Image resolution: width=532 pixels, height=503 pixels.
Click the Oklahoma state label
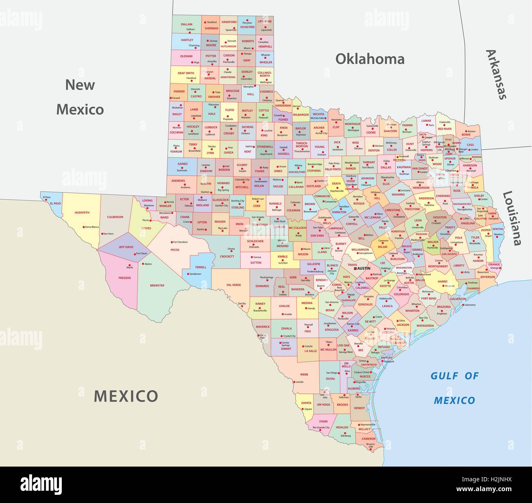[370, 59]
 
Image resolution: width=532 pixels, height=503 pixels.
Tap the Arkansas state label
[496, 74]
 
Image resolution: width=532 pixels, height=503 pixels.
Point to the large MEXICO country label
[126, 396]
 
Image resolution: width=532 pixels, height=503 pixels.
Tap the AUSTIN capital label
[363, 268]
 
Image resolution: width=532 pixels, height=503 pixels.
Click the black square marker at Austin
[355, 268]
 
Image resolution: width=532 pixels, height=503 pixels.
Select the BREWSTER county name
[157, 285]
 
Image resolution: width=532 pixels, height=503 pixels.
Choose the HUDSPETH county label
[81, 213]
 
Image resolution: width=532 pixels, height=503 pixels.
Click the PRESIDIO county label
[125, 278]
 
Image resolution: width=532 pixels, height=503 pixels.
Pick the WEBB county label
[304, 374]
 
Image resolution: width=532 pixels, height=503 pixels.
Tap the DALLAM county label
[187, 25]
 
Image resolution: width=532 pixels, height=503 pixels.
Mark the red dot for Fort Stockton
[171, 242]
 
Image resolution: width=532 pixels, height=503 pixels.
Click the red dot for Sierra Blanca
[83, 227]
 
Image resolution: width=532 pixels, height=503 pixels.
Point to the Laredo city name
[300, 382]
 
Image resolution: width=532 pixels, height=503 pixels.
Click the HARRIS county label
[442, 282]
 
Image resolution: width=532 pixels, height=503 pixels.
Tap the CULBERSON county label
[115, 217]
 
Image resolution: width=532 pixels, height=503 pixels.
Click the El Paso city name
[47, 197]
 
